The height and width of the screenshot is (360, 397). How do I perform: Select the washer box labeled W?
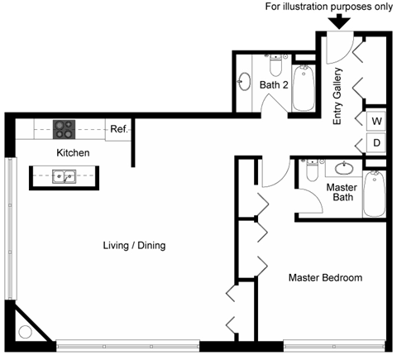375,121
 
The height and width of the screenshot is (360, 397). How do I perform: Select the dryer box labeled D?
375,143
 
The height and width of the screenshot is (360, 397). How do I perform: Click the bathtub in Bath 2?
302,88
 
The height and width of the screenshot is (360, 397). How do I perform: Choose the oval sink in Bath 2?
245,83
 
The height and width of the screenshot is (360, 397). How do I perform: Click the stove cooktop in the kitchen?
65,129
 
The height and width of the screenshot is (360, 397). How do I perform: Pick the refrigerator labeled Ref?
117,129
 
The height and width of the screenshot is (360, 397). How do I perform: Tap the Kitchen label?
73,153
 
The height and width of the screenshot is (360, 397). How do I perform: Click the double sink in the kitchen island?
63,176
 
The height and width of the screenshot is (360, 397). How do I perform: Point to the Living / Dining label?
134,245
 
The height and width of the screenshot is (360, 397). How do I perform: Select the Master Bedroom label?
324,278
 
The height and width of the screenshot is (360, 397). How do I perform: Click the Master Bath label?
341,193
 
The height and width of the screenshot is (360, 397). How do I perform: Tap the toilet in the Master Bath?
312,171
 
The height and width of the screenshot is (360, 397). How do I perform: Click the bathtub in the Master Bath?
375,193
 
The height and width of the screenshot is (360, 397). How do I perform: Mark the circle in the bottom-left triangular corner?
25,333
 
